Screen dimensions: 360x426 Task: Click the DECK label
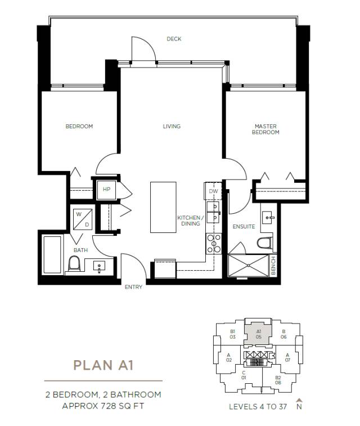[174, 39]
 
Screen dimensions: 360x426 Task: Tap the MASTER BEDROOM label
[265, 129]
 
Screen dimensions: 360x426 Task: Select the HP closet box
[107, 189]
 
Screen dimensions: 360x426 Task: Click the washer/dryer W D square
[83, 219]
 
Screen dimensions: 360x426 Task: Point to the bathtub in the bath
[52, 255]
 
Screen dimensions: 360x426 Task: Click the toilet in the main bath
[74, 263]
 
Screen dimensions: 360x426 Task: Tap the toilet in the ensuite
[264, 243]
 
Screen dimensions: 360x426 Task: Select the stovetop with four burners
[214, 244]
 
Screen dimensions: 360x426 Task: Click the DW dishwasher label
[213, 191]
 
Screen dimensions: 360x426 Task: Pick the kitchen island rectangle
[164, 207]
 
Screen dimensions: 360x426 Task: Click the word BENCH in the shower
[273, 266]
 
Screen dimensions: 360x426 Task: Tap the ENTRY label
[133, 287]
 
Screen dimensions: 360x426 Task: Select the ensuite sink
[268, 217]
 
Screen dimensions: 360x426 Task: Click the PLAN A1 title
[103, 365]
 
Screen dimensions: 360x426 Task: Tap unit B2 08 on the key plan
[278, 380]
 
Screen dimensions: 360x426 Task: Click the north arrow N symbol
[299, 403]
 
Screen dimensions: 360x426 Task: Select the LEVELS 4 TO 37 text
[258, 406]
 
